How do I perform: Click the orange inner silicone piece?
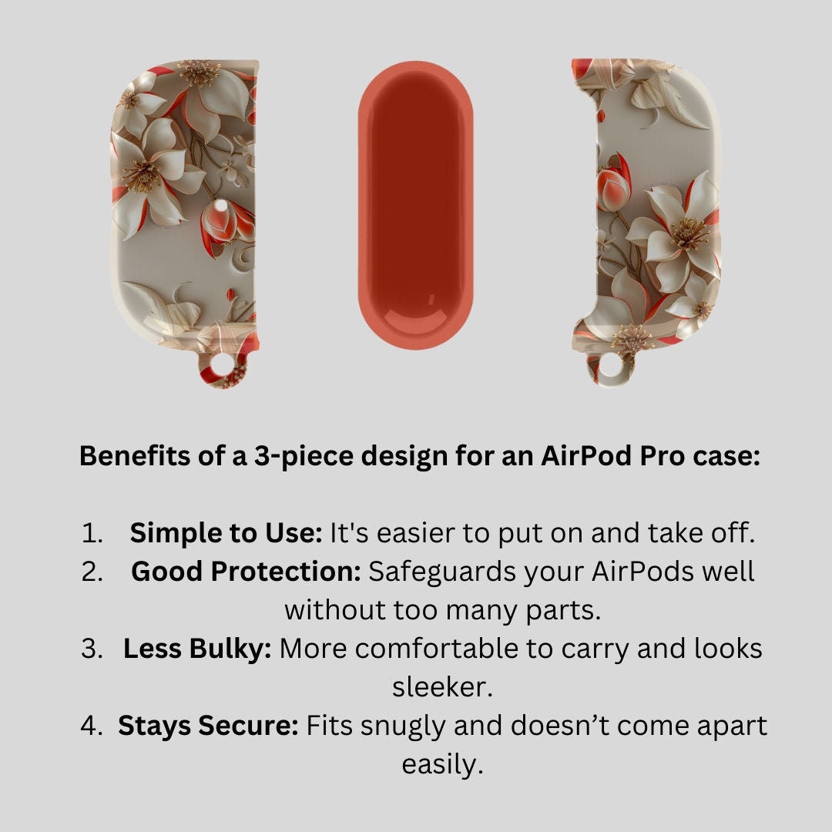click(x=415, y=206)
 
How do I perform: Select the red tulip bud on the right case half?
click(x=615, y=183)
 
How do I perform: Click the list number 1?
click(x=91, y=533)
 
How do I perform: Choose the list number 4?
click(x=91, y=726)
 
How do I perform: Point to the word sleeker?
click(x=442, y=687)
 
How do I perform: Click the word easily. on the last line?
click(x=442, y=765)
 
